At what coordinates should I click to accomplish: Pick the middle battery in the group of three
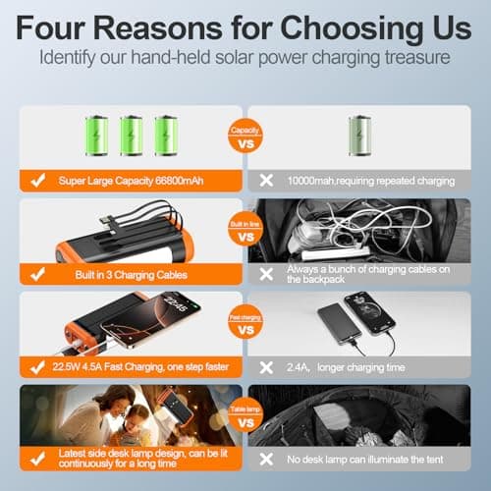[x=132, y=135]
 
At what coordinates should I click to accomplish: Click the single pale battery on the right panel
[x=360, y=135]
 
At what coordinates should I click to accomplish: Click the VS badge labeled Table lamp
[x=245, y=424]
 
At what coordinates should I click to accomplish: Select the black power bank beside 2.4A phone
[x=333, y=325]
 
